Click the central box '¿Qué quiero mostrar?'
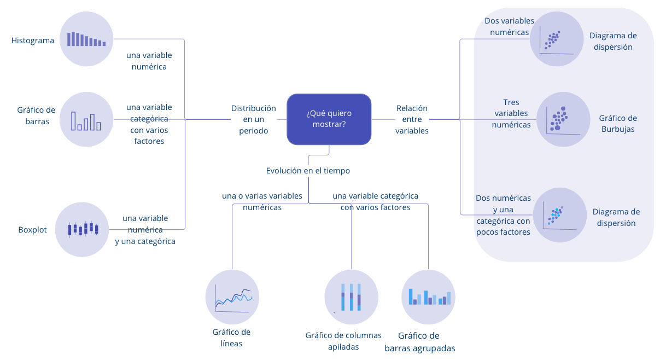[329, 119]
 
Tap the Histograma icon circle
[86, 39]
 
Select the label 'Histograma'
[33, 40]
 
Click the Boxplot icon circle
[83, 229]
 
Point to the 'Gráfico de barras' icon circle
[86, 119]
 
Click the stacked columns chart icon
[351, 297]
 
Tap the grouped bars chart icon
[429, 297]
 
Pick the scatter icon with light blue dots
[559, 215]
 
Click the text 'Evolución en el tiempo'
[308, 171]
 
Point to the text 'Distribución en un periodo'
[253, 120]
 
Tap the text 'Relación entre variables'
[412, 120]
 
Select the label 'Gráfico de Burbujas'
[618, 124]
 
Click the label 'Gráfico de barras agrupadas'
[419, 342]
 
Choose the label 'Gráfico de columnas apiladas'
[343, 341]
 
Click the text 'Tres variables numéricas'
[511, 113]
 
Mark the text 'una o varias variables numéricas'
[262, 201]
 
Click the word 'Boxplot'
[32, 230]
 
